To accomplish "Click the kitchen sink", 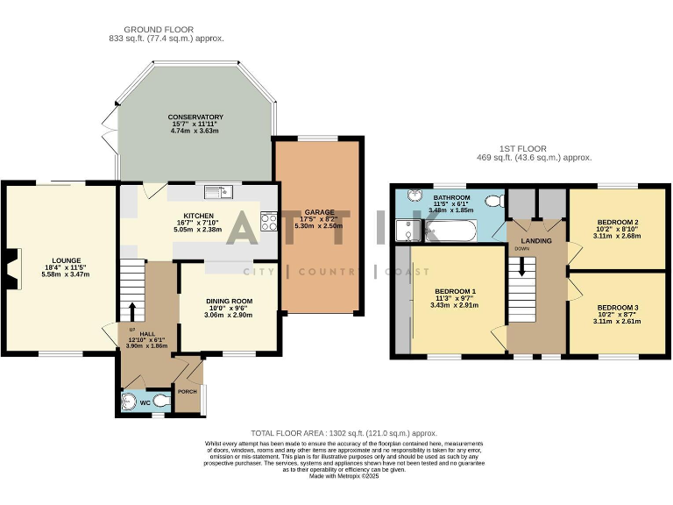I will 216,192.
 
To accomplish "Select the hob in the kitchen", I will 269,221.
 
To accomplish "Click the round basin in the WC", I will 131,402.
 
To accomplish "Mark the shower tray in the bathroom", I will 407,231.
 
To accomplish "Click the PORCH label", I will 188,392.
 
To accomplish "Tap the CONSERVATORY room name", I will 196,117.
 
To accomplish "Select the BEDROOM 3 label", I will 617,308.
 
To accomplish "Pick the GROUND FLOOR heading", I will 166,29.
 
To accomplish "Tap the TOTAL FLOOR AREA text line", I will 344,433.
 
